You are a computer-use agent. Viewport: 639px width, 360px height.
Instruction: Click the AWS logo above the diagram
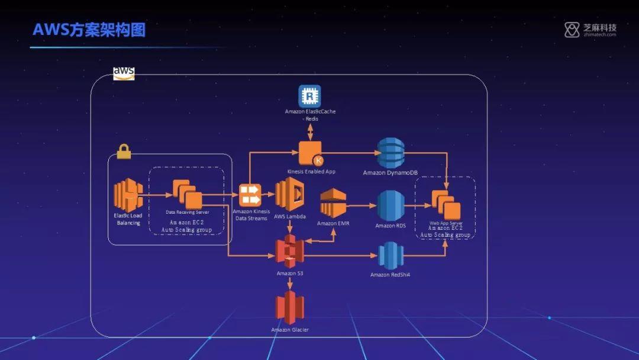(124, 73)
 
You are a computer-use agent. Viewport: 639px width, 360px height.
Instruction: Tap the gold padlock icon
(123, 152)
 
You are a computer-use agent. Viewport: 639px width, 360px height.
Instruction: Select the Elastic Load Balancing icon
(127, 196)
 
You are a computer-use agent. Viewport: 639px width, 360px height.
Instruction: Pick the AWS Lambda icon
(289, 194)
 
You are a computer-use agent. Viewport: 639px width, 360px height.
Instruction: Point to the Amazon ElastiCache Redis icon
(309, 96)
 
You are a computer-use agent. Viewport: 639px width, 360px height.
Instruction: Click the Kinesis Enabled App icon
(310, 153)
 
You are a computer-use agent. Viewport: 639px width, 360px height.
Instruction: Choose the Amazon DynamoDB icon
(390, 153)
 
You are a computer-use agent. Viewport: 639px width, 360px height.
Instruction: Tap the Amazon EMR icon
(334, 203)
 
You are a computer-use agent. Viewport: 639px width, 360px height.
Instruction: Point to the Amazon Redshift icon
(390, 256)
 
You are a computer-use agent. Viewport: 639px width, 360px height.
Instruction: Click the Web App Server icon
(446, 205)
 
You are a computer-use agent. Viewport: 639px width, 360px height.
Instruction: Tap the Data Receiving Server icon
(187, 194)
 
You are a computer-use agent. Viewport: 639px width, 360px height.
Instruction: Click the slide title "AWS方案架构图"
(89, 30)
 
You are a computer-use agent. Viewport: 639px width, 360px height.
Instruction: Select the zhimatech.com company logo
(590, 30)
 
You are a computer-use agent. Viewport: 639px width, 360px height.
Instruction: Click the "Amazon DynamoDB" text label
(390, 172)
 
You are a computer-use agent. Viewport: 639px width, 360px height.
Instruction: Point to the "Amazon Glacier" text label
(290, 329)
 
